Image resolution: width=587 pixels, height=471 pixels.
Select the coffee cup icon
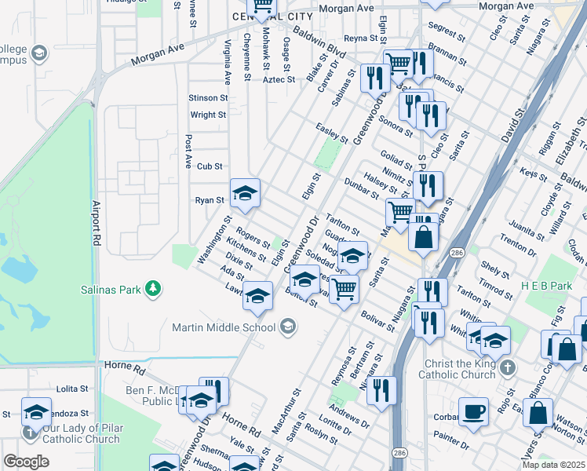[x=473, y=411]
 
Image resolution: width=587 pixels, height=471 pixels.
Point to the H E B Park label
[x=547, y=286]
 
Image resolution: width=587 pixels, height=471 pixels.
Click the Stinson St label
[x=208, y=98]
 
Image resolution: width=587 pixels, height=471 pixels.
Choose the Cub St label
[x=210, y=166]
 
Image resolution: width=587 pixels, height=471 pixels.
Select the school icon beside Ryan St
[x=245, y=193]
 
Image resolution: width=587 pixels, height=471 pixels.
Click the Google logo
[x=26, y=462]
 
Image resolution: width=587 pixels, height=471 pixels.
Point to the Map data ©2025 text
[x=553, y=465]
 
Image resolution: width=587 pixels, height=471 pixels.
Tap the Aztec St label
[x=279, y=79]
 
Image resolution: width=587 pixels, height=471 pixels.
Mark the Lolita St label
[x=72, y=389]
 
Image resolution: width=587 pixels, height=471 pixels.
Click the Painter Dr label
[x=451, y=445]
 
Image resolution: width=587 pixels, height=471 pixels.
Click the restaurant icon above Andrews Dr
[x=381, y=390]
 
